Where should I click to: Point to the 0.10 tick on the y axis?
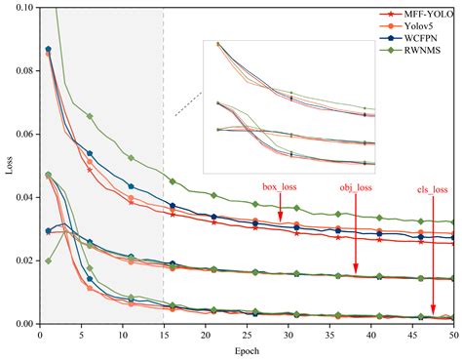(21, 8)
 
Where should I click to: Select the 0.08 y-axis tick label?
(21, 71)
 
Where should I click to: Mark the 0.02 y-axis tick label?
(21, 260)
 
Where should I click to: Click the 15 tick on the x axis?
(163, 335)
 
